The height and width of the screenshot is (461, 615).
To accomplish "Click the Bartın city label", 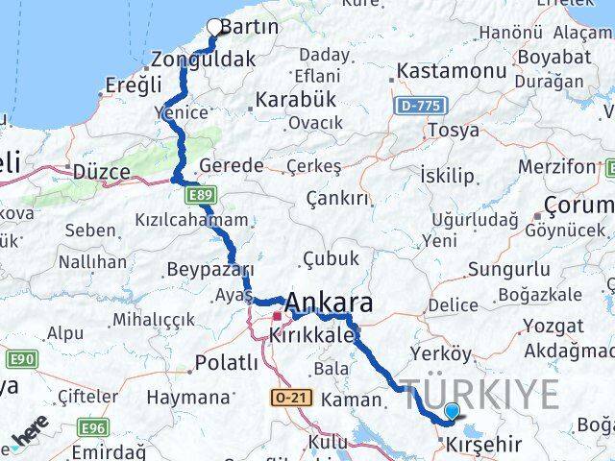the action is pos(250,27).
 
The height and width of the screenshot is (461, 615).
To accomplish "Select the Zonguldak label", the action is pos(209,59).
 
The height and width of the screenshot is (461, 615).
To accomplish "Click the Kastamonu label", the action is pos(451,71).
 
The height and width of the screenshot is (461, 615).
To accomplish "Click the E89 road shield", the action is pos(200,195).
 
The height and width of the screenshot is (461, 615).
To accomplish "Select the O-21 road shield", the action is pos(286,398).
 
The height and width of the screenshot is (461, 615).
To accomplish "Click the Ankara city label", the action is pos(329,304).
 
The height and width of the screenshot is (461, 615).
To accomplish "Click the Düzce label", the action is pos(102,172).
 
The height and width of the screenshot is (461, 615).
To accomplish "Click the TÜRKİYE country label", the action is pos(480,394).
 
